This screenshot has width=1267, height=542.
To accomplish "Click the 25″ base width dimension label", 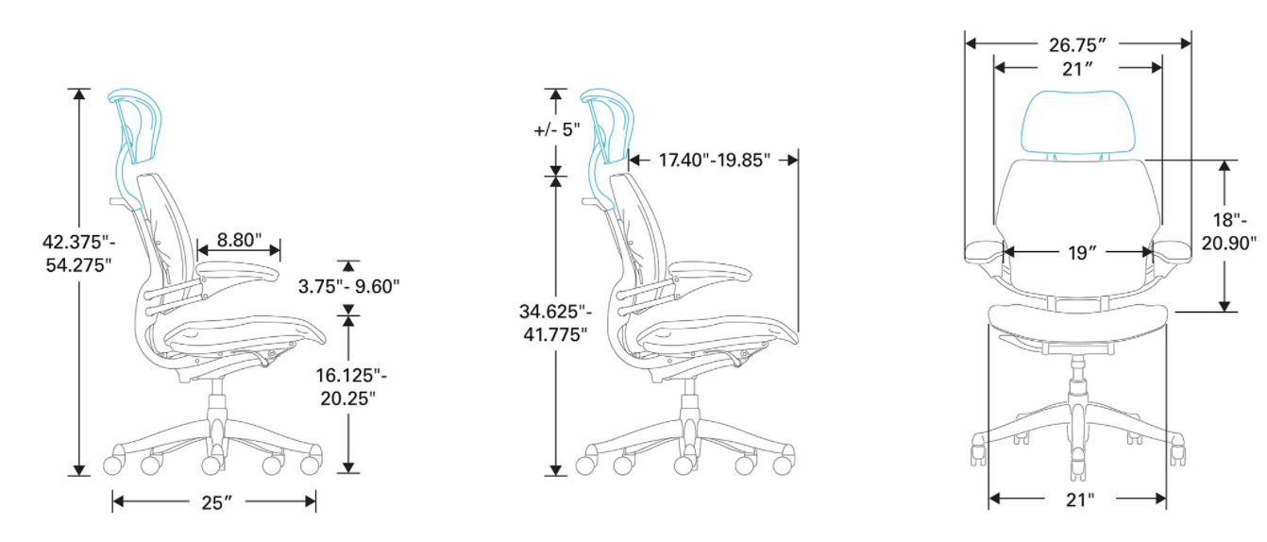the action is pos(216,501).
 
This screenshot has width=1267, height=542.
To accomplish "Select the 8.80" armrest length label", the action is pos(239,240).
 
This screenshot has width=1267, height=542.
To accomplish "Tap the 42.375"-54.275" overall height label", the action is pos(78,253).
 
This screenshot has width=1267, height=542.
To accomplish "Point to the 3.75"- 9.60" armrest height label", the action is pos(349,286).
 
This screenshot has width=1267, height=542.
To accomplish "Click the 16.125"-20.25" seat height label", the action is pos(350,387).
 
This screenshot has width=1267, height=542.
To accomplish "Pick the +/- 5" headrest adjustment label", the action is pos(557,130).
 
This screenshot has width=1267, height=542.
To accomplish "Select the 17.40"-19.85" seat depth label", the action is pos(715,161).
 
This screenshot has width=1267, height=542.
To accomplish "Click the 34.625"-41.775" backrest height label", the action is pos(555,323).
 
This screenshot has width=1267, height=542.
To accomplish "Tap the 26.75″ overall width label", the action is pos(1077,44).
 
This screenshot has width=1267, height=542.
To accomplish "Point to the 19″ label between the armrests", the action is pos(1082,253).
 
